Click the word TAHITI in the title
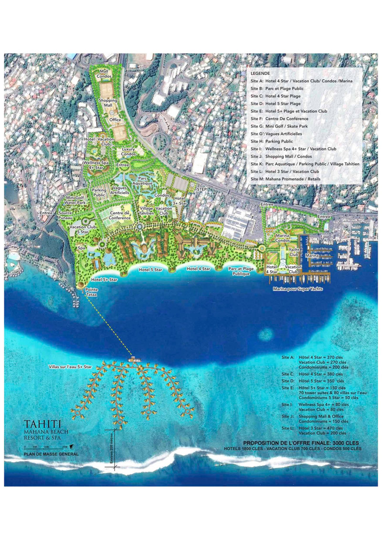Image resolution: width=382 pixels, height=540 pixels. click(x=43, y=425)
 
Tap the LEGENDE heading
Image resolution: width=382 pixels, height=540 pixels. click(x=259, y=74)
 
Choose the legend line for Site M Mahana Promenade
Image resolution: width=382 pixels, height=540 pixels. click(x=286, y=179)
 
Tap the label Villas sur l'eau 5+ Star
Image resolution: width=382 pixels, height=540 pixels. click(x=70, y=367)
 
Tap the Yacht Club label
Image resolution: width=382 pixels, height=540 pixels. click(x=293, y=253)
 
